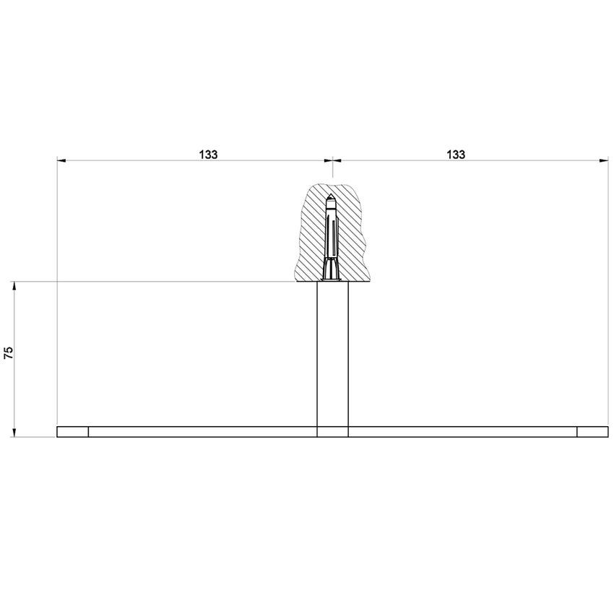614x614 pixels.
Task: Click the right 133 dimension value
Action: [x=456, y=154]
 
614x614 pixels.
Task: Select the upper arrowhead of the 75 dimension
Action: [x=14, y=286]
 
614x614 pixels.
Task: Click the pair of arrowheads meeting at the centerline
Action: [x=332, y=161]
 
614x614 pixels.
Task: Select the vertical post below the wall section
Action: [x=332, y=354]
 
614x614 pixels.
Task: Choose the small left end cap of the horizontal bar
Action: [x=72, y=432]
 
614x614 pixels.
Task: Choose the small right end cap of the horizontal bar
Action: [x=592, y=432]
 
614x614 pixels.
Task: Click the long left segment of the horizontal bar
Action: [x=202, y=432]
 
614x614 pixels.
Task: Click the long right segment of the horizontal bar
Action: [x=462, y=432]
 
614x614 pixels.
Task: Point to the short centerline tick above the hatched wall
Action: [x=332, y=172]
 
